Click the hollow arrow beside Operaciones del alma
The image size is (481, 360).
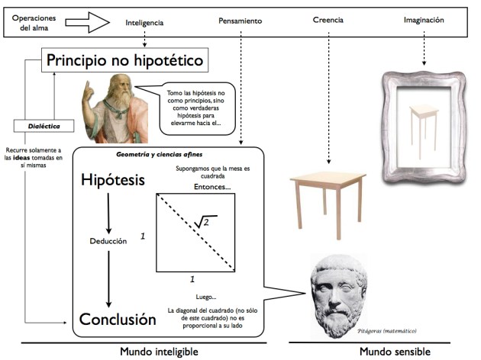pos(85,23)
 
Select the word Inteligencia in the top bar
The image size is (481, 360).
pos(145,24)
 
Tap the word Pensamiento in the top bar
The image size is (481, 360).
pos(241,21)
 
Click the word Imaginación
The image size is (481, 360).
pos(423,21)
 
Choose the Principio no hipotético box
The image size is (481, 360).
pos(122,59)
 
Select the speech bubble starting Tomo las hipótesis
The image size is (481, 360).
pos(201,108)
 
